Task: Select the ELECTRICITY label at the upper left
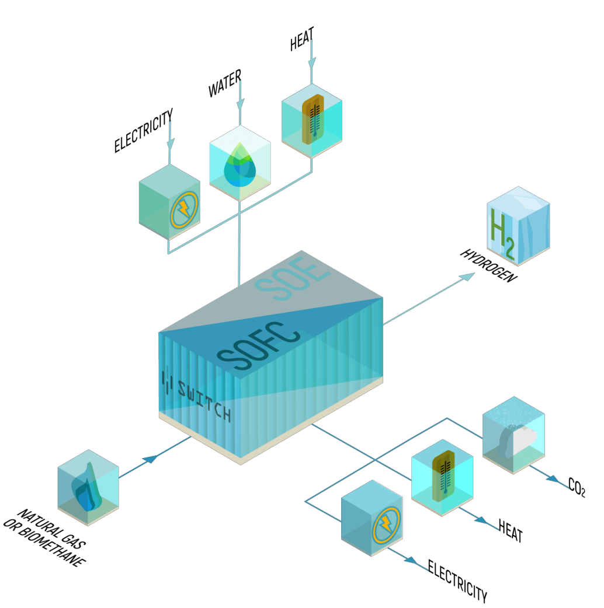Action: pyautogui.click(x=143, y=131)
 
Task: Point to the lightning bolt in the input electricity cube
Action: pyautogui.click(x=183, y=208)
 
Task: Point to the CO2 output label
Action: pyautogui.click(x=576, y=487)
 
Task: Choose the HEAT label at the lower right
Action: pyautogui.click(x=510, y=530)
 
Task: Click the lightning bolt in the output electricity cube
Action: pyautogui.click(x=386, y=525)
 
